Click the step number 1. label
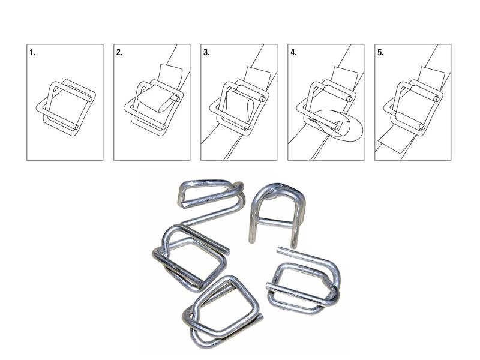32,53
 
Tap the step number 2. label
119,53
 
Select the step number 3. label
206,53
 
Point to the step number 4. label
293,53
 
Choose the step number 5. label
380,53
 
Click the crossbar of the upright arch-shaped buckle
274,223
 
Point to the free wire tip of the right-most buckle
279,250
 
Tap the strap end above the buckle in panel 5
431,76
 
